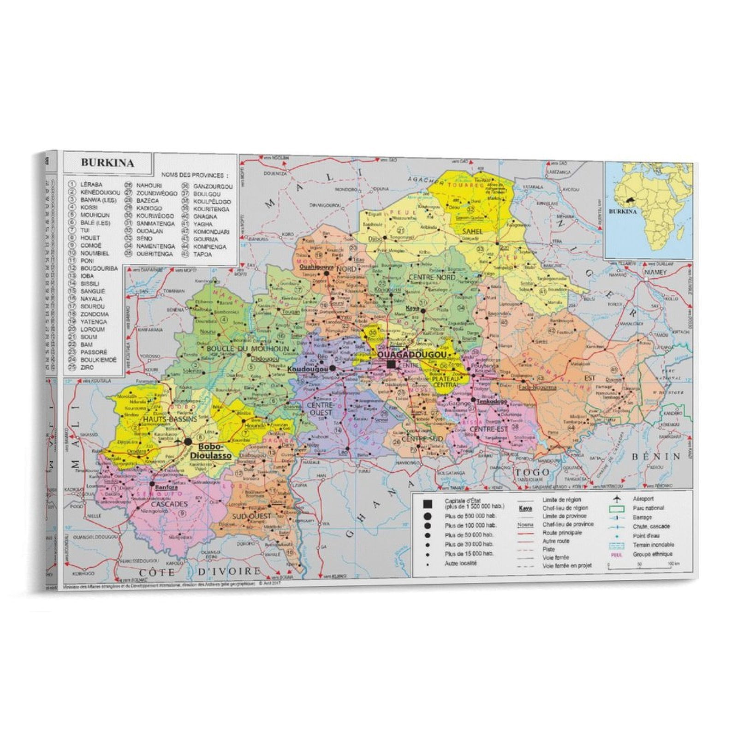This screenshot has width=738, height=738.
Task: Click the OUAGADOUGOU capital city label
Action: coord(412,355)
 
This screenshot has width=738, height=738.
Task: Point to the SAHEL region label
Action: coord(472,232)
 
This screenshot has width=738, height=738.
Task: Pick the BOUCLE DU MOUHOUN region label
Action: coord(248,349)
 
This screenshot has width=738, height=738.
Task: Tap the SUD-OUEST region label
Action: coord(251,516)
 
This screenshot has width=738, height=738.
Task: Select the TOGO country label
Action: coord(533,472)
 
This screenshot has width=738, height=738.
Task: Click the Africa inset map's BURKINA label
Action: coord(623,212)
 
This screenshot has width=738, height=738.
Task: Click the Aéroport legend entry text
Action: coord(643,499)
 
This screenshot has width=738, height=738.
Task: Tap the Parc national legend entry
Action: coord(648,508)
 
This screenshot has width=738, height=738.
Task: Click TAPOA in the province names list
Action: coord(203,254)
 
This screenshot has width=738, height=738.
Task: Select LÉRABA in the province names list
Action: coord(91,184)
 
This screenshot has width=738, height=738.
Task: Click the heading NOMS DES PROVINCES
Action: coord(195,175)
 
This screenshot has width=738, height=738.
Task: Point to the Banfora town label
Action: coord(167,487)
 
